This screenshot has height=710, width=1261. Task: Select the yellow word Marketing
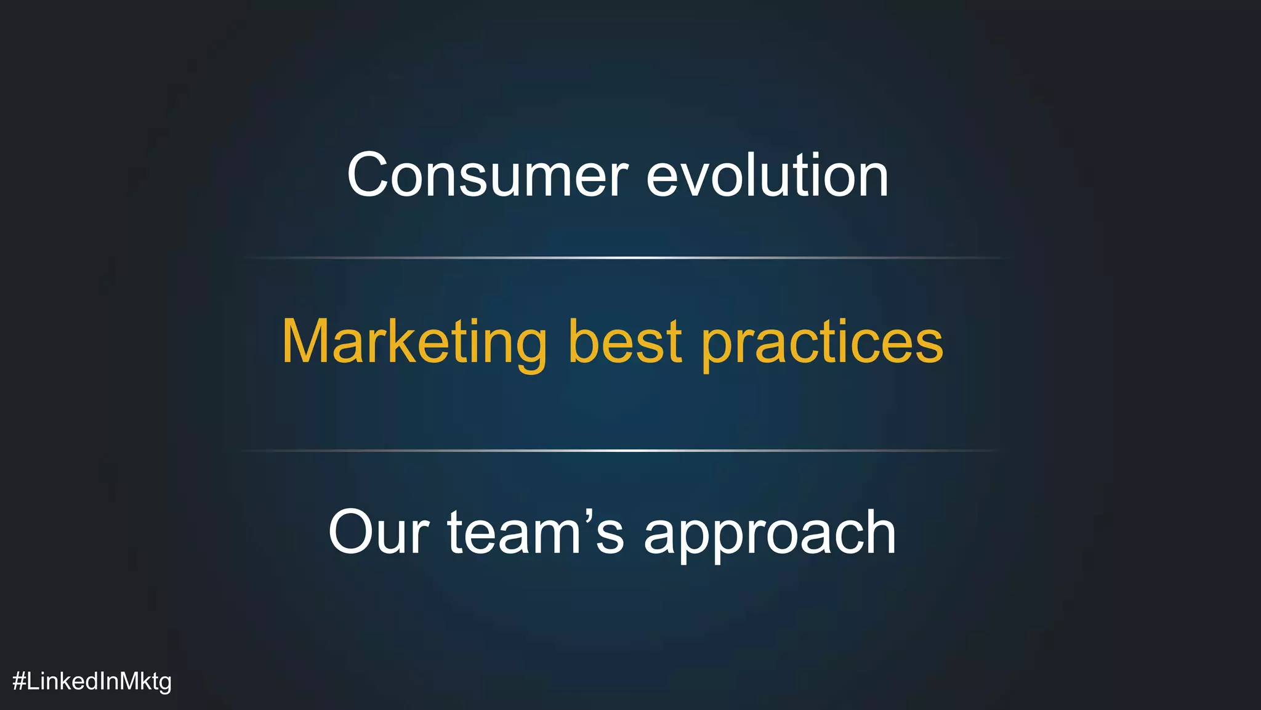click(x=414, y=342)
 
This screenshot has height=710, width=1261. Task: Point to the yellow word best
click(x=624, y=342)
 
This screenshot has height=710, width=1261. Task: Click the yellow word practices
click(x=822, y=342)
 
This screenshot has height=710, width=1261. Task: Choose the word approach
click(x=770, y=533)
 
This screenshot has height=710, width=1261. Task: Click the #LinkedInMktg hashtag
click(x=92, y=681)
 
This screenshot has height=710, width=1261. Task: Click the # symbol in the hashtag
click(x=19, y=681)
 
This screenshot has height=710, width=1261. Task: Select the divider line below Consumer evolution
click(x=624, y=257)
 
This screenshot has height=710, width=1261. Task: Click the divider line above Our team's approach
click(x=618, y=451)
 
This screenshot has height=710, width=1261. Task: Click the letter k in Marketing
click(x=402, y=342)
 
